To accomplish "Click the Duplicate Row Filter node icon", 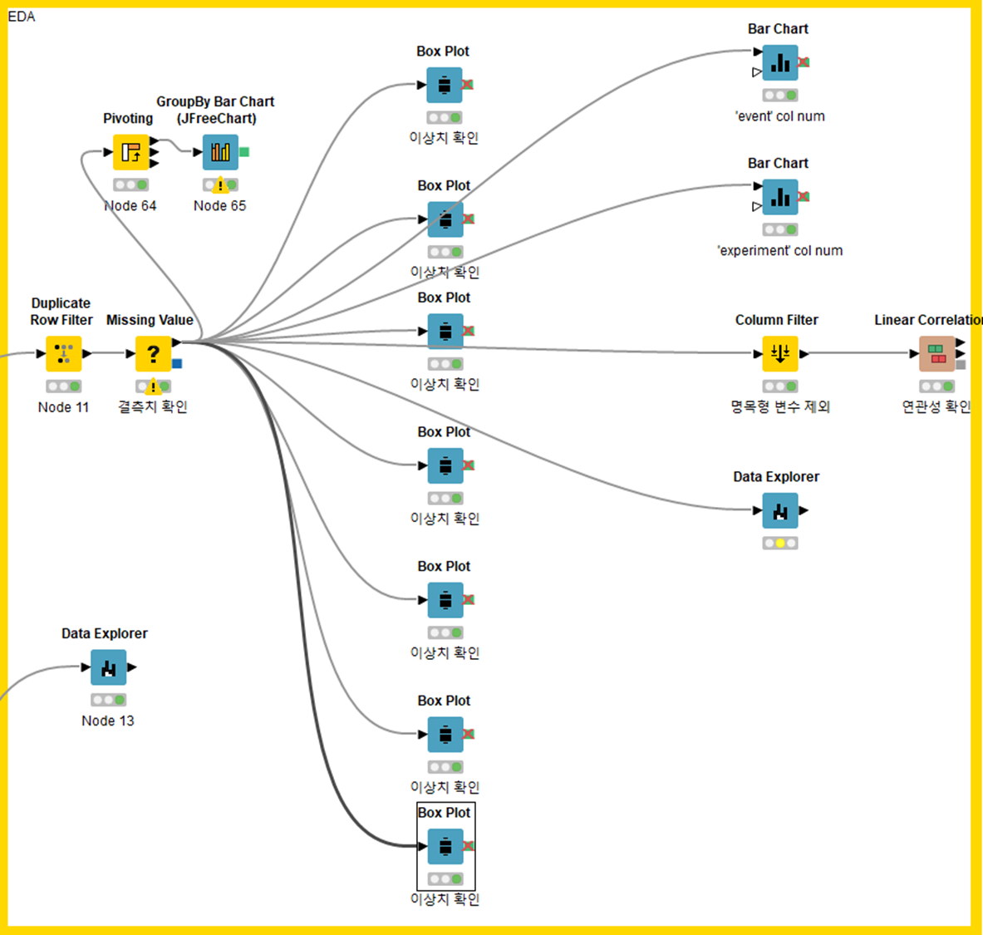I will click(x=64, y=354).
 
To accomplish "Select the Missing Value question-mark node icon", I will click(x=153, y=354).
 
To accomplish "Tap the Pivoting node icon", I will click(x=130, y=152).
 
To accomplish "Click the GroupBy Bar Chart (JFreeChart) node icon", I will click(x=220, y=152).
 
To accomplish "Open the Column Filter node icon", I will click(x=779, y=354).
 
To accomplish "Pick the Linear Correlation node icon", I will click(x=936, y=354).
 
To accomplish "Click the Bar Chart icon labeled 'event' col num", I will click(x=779, y=63).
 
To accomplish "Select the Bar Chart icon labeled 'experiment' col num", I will click(x=779, y=197).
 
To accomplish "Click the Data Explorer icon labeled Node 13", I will click(x=108, y=667).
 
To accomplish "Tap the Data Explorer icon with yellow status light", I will click(x=779, y=510).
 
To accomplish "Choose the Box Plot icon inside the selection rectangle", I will click(x=445, y=847).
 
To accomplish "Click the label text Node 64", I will click(x=130, y=206).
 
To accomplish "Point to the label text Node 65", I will click(x=220, y=206).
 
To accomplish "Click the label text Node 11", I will click(x=63, y=407).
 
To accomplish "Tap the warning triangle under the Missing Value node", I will click(x=153, y=387).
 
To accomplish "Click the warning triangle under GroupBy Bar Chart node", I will click(x=220, y=186).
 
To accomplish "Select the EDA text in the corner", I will click(x=22, y=17).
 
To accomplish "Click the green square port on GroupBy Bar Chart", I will click(x=244, y=152).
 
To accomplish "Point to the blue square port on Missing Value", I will click(x=177, y=363).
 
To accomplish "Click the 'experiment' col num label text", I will click(x=779, y=251).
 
